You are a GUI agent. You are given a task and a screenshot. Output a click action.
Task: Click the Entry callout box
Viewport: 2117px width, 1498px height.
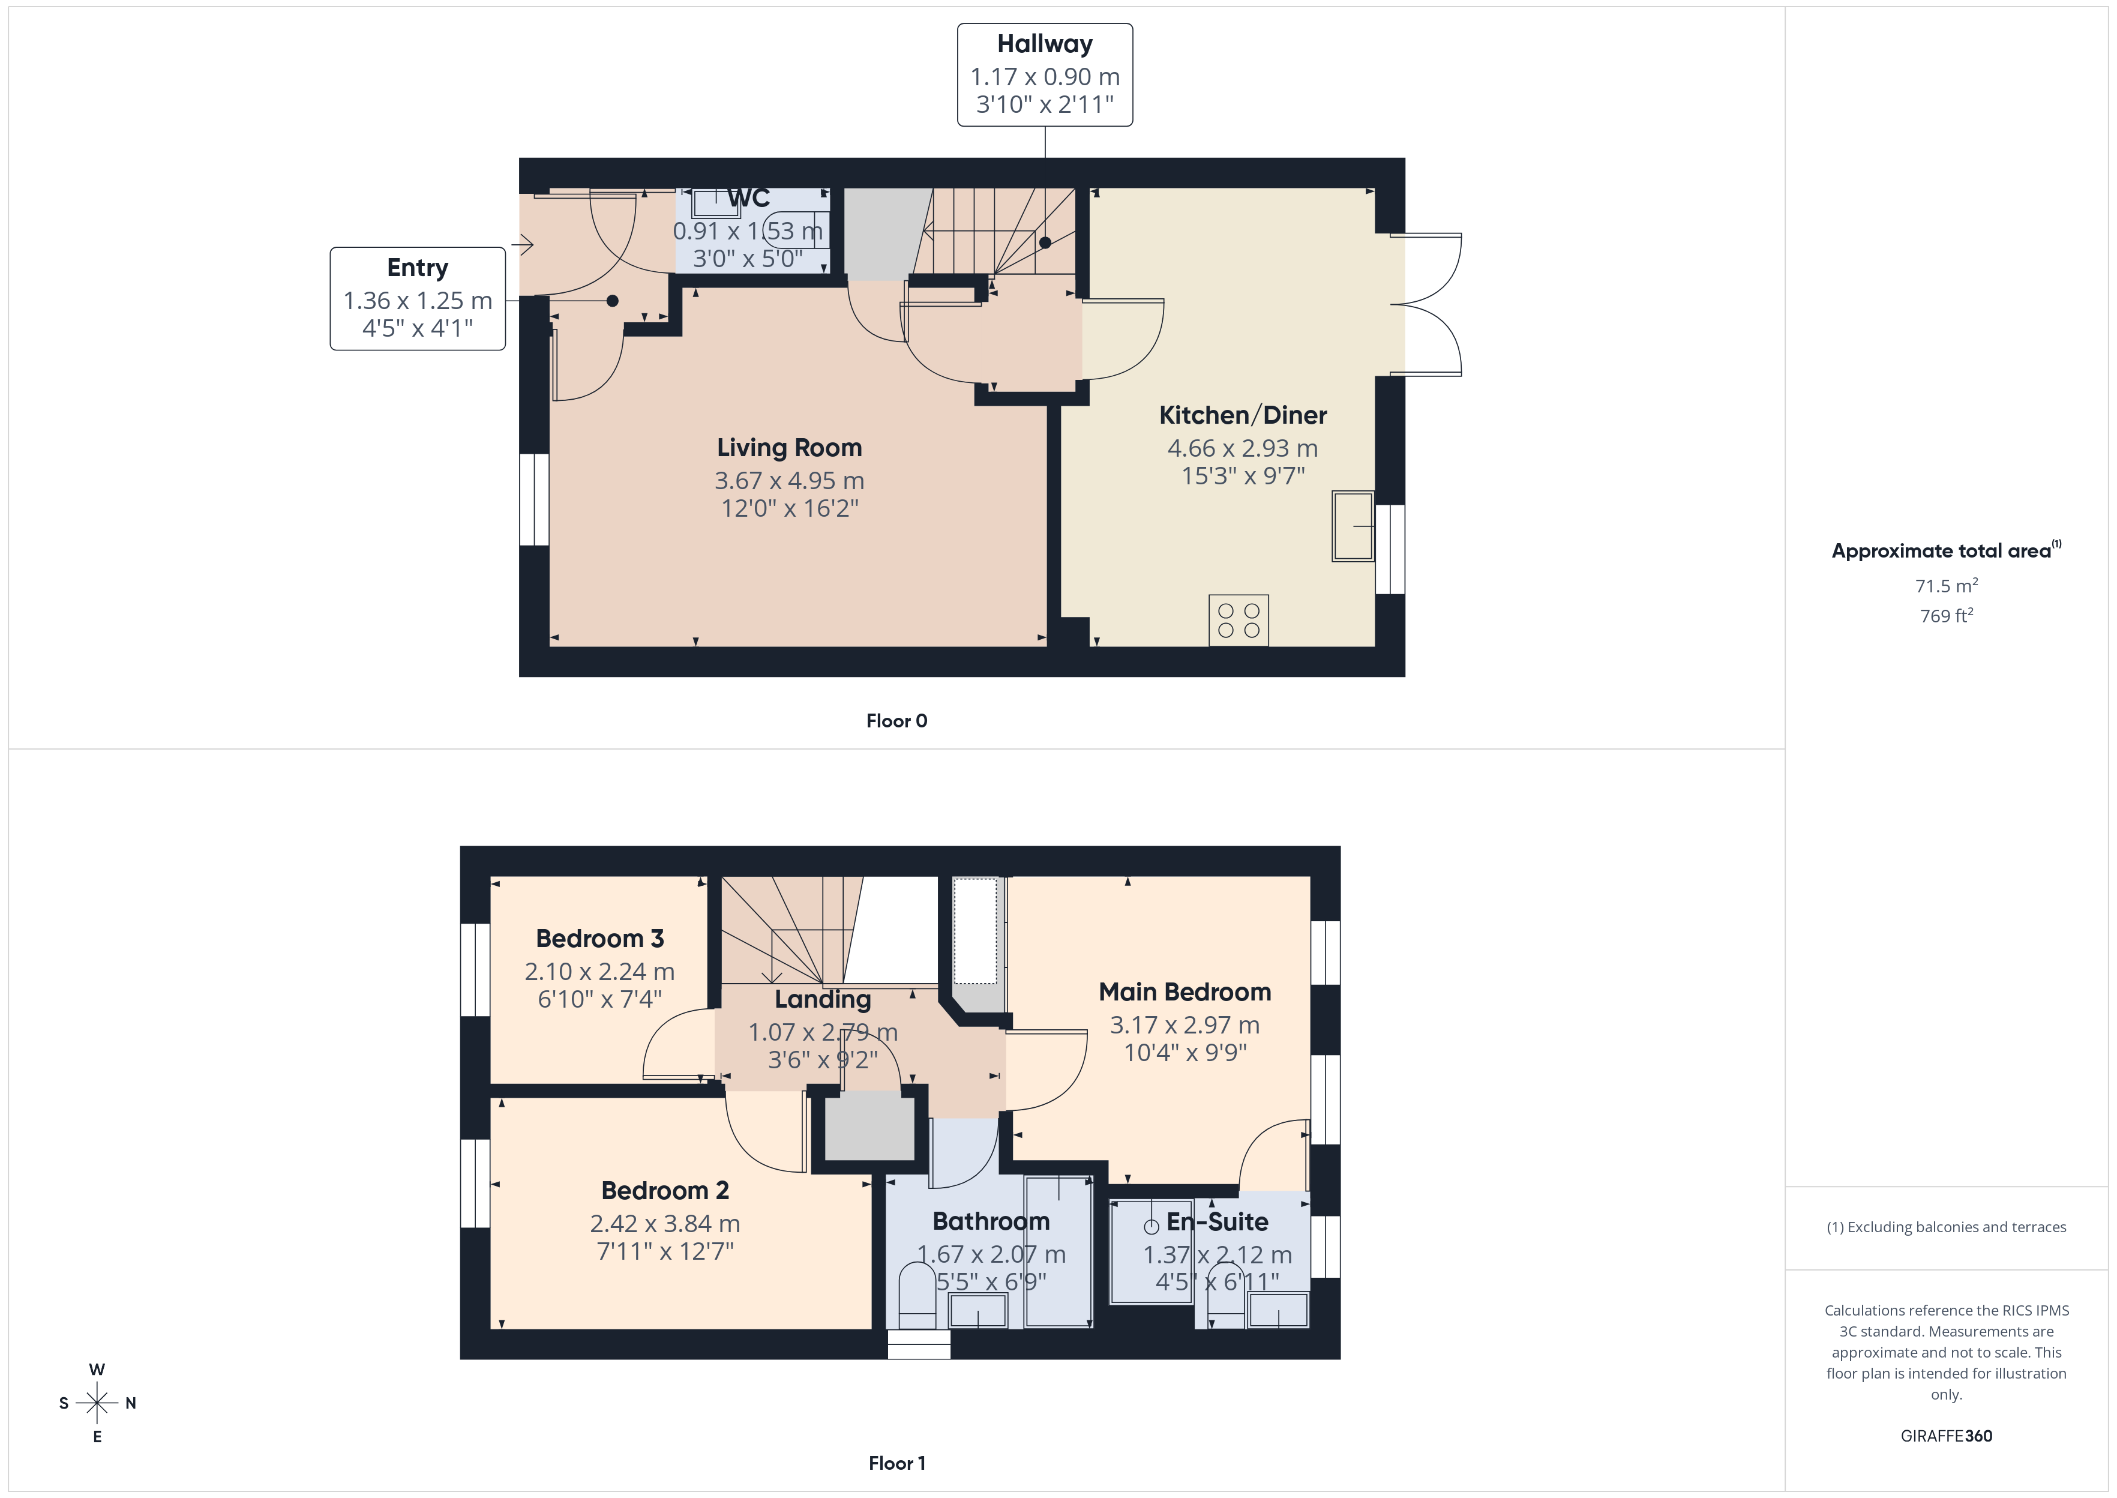418,298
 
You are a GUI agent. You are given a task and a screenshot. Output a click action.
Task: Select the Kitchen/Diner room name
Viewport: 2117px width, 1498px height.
1243,415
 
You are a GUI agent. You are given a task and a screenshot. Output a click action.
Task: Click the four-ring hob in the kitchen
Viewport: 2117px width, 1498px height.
1239,620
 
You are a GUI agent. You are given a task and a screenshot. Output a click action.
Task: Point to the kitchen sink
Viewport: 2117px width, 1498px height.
1353,526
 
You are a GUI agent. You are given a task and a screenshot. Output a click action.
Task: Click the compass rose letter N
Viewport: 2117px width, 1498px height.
131,1403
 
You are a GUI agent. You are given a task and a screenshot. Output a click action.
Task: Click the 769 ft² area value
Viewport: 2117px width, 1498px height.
1947,615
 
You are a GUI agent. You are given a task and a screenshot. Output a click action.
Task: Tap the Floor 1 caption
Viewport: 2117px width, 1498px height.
896,1463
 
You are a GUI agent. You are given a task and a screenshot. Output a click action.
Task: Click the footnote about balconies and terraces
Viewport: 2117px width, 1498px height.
1947,1227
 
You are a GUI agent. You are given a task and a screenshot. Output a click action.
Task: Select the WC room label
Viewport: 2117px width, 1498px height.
748,198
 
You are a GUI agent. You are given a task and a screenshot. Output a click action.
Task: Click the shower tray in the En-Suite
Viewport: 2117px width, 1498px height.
1152,1250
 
